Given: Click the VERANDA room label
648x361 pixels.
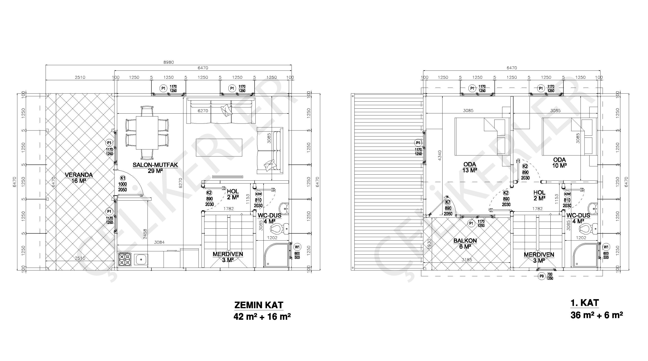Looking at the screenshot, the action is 79,175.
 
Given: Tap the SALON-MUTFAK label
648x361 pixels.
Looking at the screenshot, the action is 155,165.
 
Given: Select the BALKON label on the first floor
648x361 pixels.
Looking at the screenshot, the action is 465,241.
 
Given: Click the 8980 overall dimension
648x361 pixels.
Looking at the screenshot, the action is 169,62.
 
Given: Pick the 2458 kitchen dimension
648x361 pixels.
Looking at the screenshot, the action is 145,234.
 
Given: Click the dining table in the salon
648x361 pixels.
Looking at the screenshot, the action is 147,133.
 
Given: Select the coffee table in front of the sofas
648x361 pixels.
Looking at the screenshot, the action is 219,148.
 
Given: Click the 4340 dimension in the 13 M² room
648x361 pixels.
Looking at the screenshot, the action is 439,156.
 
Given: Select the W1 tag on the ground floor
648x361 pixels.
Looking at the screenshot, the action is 297,247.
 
